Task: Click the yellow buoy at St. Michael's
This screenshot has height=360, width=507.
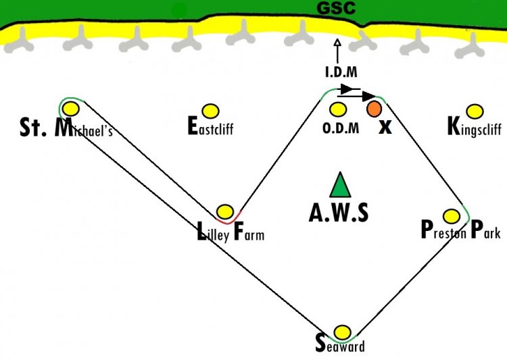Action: click(x=71, y=109)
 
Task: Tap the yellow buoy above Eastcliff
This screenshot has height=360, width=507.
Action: click(x=210, y=111)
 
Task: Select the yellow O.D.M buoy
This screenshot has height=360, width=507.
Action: click(x=338, y=109)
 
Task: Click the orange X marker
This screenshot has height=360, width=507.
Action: click(x=374, y=109)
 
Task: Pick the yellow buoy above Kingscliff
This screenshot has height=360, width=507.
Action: click(x=475, y=111)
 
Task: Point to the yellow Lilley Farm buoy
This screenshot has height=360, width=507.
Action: click(x=224, y=211)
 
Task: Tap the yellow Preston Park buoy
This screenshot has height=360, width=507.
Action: click(x=452, y=216)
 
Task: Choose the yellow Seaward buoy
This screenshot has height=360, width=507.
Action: click(x=342, y=332)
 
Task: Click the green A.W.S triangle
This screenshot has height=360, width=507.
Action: click(x=340, y=185)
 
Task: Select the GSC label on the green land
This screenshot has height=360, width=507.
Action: click(x=336, y=7)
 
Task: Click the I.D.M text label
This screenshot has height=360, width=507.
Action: click(x=341, y=72)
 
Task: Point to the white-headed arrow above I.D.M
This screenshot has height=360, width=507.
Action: click(x=337, y=51)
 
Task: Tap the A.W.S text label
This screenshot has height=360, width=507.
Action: click(x=339, y=213)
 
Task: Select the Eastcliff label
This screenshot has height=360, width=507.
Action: click(x=210, y=126)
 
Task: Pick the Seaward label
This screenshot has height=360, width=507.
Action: click(x=340, y=344)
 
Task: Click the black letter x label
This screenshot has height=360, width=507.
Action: click(x=385, y=128)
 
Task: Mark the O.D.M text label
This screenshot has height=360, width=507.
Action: click(x=341, y=128)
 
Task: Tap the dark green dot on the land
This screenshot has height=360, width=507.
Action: click(x=179, y=11)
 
